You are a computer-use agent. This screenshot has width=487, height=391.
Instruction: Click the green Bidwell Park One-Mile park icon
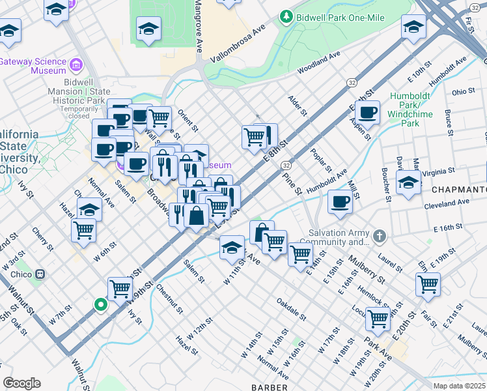click(x=285, y=16)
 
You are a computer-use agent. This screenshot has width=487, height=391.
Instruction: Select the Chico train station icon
click(x=40, y=274)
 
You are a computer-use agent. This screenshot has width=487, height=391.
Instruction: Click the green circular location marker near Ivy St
click(x=100, y=304)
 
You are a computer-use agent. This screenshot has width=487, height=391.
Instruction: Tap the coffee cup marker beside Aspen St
click(x=368, y=111)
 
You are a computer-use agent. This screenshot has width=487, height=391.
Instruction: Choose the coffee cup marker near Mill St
click(x=339, y=201)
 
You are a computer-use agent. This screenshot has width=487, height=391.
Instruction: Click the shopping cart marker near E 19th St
click(x=428, y=283)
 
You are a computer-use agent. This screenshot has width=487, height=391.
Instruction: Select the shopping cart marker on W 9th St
click(x=120, y=287)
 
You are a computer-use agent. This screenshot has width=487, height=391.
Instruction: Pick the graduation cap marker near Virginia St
click(x=408, y=182)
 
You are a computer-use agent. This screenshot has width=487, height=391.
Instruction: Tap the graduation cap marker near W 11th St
click(x=231, y=247)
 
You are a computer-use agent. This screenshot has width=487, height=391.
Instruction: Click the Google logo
click(x=21, y=383)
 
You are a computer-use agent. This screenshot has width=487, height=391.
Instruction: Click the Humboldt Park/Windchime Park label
click(x=415, y=109)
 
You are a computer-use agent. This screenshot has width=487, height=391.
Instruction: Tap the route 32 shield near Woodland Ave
click(x=352, y=83)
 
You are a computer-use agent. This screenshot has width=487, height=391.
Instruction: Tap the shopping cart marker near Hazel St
click(x=83, y=229)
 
